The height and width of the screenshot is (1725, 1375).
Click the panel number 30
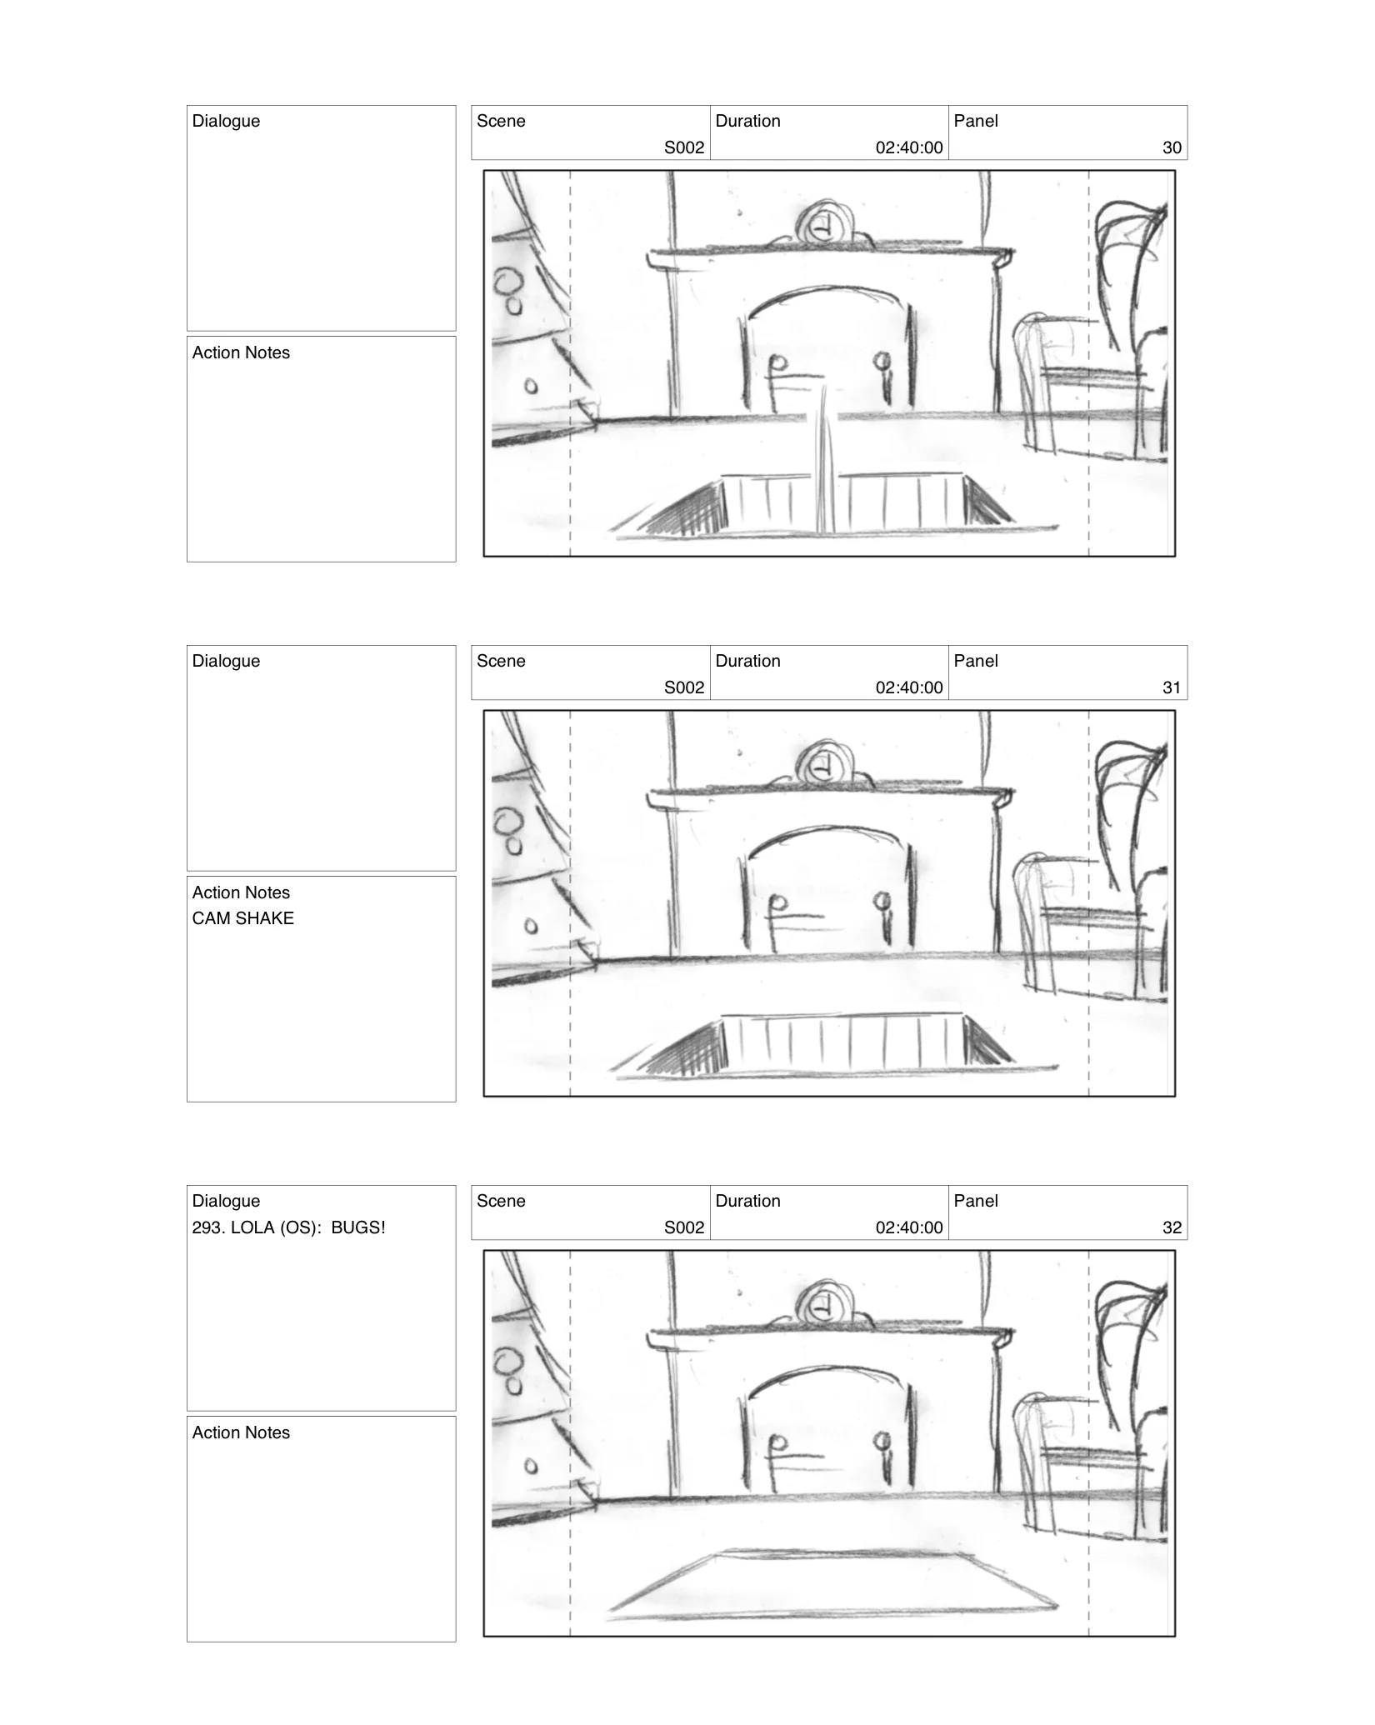1172,147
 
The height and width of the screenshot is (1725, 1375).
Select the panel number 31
1172,687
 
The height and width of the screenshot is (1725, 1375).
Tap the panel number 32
1172,1227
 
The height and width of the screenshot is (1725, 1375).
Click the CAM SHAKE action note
242,918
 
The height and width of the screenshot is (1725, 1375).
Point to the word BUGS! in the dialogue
358,1227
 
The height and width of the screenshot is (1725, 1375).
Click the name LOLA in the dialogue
252,1227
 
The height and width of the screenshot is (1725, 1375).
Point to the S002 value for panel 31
684,687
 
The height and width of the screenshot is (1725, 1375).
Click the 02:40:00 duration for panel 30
909,147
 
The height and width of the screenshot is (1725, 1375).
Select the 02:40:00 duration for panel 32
909,1227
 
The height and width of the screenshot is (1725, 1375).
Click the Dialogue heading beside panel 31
226,661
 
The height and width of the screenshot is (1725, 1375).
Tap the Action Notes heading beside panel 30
241,352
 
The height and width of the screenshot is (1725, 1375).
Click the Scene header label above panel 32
501,1201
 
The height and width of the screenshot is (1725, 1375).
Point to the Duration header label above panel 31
747,661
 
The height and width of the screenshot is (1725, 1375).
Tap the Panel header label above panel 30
976,121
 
